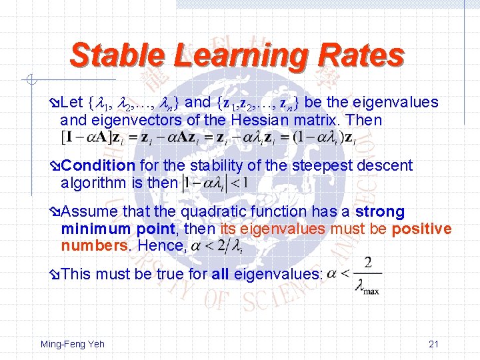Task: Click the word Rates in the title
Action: tap(364, 55)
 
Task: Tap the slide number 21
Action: tap(433, 344)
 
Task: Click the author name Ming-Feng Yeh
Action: tap(72, 344)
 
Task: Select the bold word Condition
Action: tap(99, 165)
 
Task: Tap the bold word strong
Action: tap(380, 212)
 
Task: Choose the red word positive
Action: tap(421, 229)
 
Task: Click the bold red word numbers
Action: tap(95, 246)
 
